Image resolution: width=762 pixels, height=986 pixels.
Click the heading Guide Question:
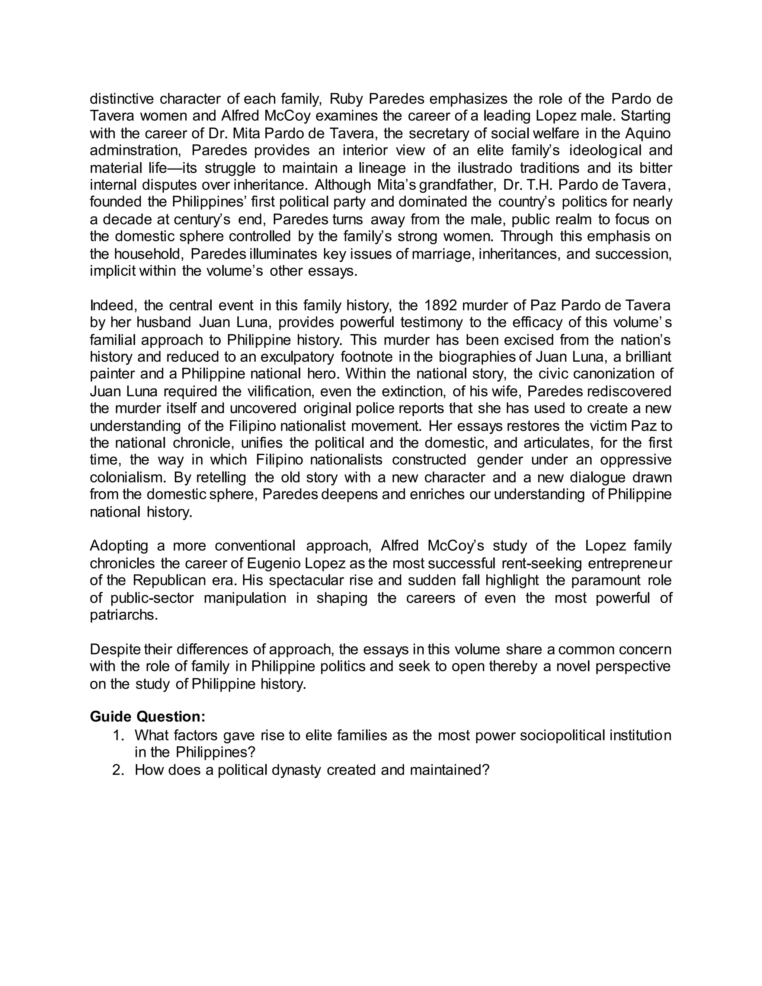click(x=148, y=717)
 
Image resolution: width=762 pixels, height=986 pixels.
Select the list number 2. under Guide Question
click(x=118, y=770)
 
